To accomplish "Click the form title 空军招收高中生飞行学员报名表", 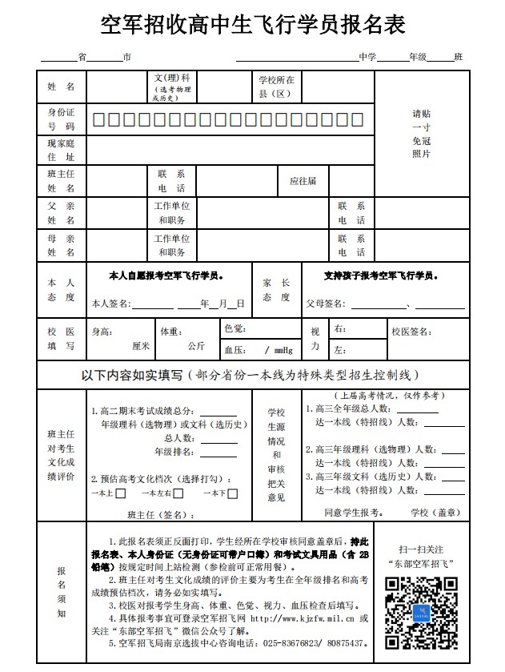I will point(252,25).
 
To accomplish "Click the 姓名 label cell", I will point(61,87).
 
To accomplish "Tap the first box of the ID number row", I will point(98,120).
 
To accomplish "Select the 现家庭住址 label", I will point(61,150).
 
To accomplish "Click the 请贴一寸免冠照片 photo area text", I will point(421,133).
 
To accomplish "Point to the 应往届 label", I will point(303,181).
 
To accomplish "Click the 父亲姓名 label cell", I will point(61,212).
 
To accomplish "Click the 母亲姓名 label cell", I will point(61,245).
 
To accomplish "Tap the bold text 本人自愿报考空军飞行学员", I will point(166,275).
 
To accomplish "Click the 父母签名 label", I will point(326,304).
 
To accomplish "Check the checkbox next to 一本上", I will point(121,493).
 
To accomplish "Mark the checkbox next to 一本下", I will point(232,493).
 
